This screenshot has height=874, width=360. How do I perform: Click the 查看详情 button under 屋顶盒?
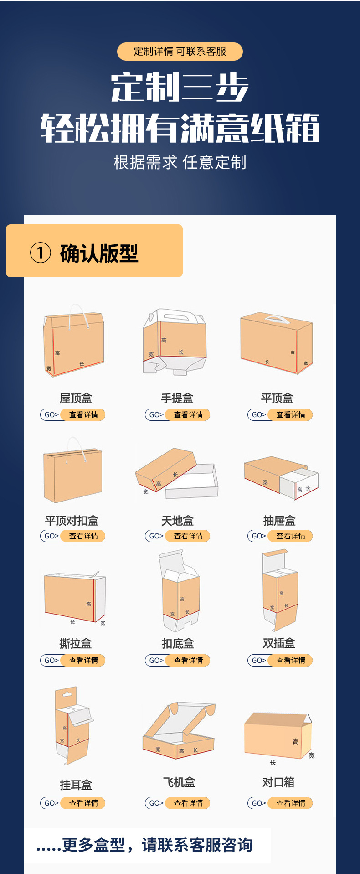tap(83, 414)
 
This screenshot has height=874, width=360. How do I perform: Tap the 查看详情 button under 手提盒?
tap(188, 414)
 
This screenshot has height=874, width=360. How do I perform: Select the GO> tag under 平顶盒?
tap(258, 414)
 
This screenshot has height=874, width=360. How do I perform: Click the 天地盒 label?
tap(177, 521)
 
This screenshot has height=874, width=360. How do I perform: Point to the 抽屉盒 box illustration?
tap(281, 477)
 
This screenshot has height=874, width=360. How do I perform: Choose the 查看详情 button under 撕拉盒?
tap(83, 660)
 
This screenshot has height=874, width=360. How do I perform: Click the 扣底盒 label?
tap(178, 643)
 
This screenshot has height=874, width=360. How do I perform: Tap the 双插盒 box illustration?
tap(280, 590)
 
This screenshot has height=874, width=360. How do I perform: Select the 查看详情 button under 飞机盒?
tap(188, 803)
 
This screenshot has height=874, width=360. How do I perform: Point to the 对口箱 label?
tap(278, 782)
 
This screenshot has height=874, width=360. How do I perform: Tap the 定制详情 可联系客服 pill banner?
tap(180, 52)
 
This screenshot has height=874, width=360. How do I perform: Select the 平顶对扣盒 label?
tap(72, 521)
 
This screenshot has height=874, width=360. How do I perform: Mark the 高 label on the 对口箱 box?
tap(296, 741)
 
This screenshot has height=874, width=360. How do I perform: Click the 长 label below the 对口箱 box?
tap(273, 762)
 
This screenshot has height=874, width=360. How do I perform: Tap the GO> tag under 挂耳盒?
tap(51, 803)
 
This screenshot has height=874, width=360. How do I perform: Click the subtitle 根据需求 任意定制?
tap(180, 162)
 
